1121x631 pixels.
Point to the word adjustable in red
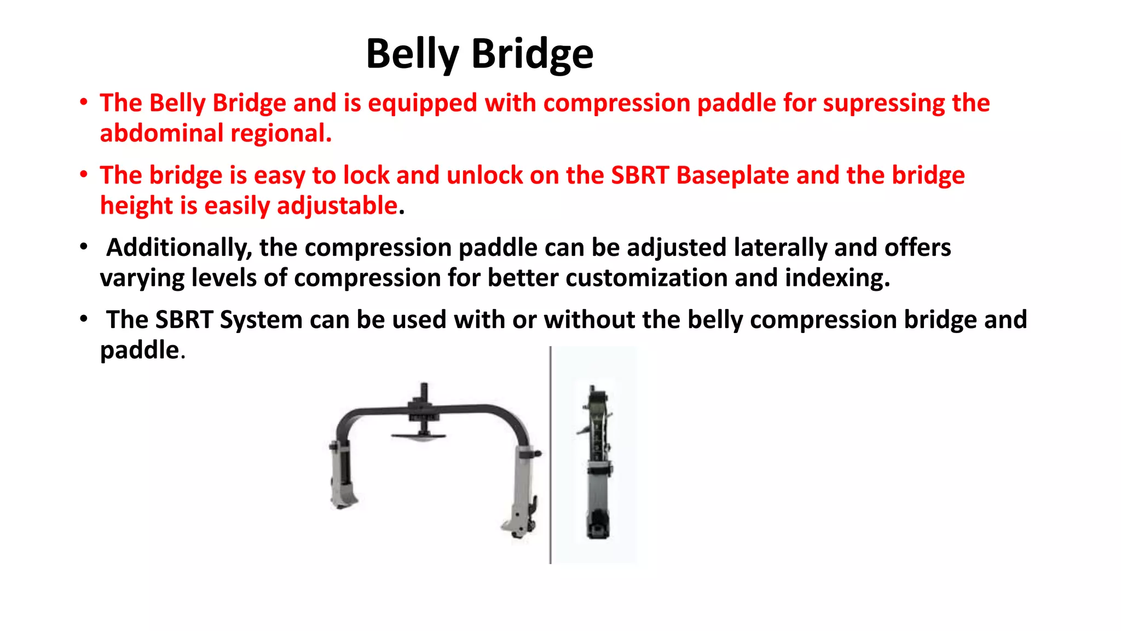coord(337,206)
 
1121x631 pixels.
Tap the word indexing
coord(837,278)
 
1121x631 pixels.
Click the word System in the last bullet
coord(261,320)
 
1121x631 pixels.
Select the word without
coord(589,320)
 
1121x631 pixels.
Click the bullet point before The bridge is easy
coord(84,175)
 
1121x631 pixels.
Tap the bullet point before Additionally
coord(84,247)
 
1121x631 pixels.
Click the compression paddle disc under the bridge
coord(419,436)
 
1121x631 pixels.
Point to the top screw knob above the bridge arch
coord(424,391)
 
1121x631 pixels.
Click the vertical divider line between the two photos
coord(550,455)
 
